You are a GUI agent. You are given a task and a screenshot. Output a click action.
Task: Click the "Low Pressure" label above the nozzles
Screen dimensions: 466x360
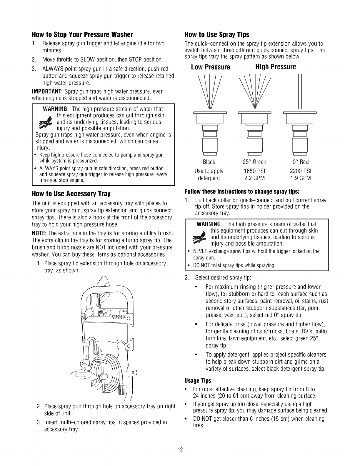click(210, 67)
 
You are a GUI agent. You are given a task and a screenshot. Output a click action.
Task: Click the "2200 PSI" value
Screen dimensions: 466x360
click(300, 171)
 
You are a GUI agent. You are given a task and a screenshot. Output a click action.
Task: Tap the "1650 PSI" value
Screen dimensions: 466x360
click(254, 171)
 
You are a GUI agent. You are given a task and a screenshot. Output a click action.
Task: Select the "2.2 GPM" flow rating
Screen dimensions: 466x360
click(254, 178)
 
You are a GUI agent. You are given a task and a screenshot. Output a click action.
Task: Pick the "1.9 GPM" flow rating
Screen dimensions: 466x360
click(300, 178)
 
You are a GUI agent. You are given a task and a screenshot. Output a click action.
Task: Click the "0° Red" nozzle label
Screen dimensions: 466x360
click(300, 162)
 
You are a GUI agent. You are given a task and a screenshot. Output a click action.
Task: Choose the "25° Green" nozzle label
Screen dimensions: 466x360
click(255, 162)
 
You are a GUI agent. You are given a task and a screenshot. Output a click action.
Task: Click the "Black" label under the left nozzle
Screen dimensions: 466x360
click(209, 162)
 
